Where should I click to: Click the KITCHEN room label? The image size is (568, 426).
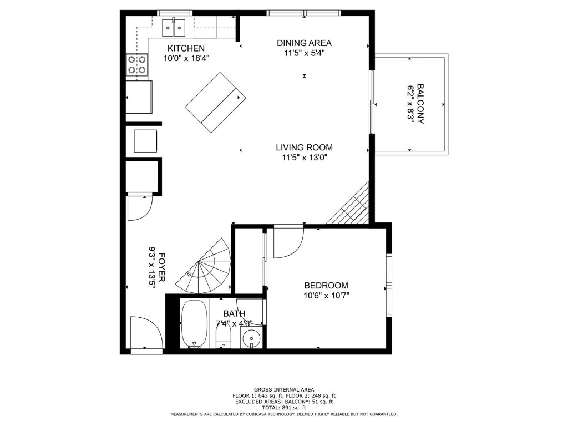coord(186,48)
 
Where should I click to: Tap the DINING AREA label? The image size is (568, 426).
coord(304,43)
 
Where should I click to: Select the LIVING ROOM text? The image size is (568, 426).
coord(304,148)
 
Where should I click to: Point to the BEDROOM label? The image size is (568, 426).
coord(326,285)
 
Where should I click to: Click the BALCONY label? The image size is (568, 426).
coord(420,104)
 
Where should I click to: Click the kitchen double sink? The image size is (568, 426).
coord(174,27)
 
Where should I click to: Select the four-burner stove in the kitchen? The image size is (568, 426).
coord(136,65)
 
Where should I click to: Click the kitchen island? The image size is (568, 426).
coord(215,103)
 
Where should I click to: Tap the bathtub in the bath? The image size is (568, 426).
coord(194,323)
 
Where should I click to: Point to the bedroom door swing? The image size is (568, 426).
coord(287,241)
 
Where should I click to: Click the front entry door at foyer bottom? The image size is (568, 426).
coord(145,334)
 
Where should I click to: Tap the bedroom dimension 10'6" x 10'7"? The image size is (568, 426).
coord(326,295)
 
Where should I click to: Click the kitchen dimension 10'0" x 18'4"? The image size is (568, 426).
coord(186,58)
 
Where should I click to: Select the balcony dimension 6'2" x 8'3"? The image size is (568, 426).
coord(411,104)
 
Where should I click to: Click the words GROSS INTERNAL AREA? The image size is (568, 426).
coord(283,390)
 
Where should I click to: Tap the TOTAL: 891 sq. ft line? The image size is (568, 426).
coord(283,407)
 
